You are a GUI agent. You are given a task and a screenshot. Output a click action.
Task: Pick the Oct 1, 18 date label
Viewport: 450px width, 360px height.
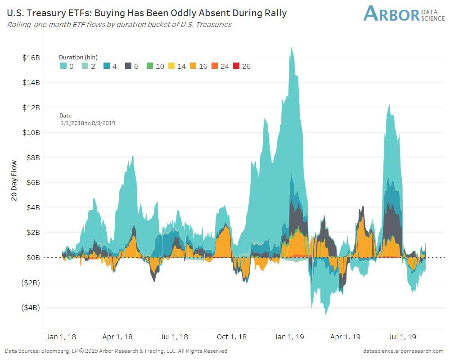pyautogui.click(x=232, y=337)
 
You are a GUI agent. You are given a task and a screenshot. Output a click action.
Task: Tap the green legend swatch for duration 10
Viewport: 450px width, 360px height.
pyautogui.click(x=150, y=67)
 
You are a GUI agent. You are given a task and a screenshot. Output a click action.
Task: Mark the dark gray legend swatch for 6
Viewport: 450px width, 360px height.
pyautogui.click(x=128, y=67)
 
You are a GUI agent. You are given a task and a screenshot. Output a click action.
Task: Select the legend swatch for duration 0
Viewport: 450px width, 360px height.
pyautogui.click(x=63, y=67)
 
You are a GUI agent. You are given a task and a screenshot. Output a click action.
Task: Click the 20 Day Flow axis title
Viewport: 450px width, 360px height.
pyautogui.click(x=14, y=180)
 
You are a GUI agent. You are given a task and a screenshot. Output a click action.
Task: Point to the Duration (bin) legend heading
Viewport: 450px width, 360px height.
pyautogui.click(x=78, y=58)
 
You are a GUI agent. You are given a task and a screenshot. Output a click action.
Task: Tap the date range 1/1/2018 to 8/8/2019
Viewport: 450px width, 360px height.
pyautogui.click(x=88, y=123)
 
